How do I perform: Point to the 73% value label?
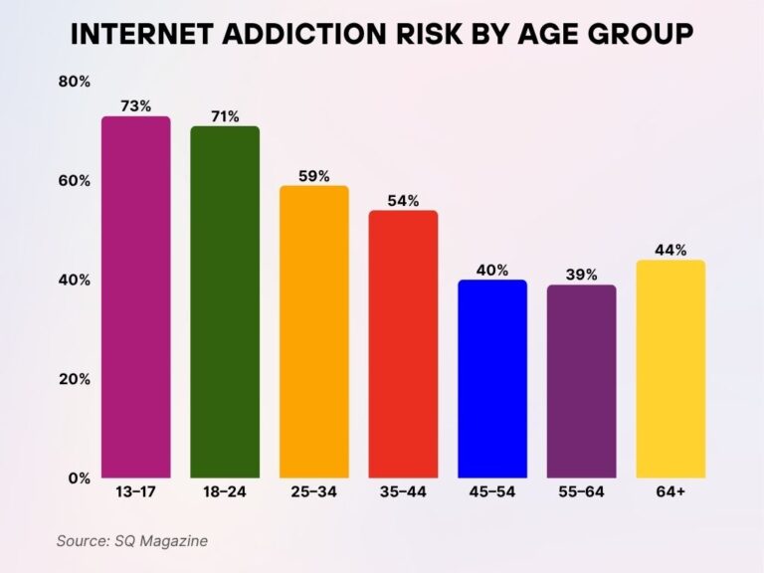click(135, 105)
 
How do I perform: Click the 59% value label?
click(314, 175)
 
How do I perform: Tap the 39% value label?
click(581, 275)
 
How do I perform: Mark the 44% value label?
click(670, 250)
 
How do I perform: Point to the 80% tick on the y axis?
click(75, 82)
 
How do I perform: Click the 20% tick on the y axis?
click(75, 379)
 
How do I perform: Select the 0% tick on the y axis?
click(79, 478)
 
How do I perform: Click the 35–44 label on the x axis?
click(403, 492)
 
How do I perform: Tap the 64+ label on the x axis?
click(670, 492)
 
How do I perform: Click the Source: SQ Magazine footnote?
click(132, 540)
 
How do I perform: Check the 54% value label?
click(403, 200)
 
